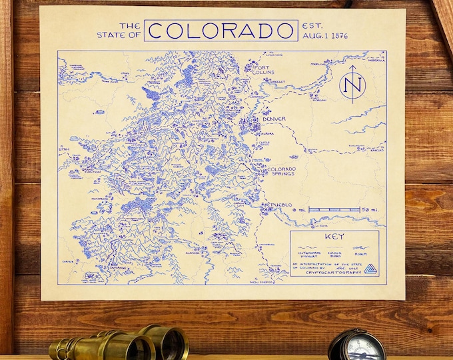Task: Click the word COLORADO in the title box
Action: (x=221, y=31)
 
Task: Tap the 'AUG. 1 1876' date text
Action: (x=324, y=35)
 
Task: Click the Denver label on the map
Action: (x=273, y=119)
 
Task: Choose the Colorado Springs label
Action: (x=281, y=172)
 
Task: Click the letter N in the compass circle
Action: (x=354, y=85)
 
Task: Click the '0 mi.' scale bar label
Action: (x=300, y=210)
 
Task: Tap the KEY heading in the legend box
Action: (x=334, y=237)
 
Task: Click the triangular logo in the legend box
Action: (x=370, y=269)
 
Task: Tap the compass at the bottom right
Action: (x=356, y=345)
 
